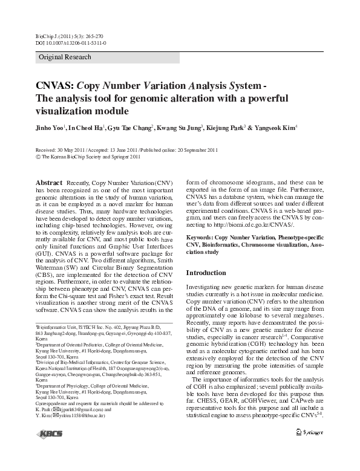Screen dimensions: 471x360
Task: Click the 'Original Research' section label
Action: [x=65, y=57]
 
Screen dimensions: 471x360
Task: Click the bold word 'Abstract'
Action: [x=49, y=183]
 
